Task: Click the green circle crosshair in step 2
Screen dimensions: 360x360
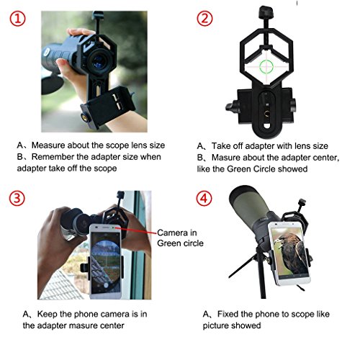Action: (x=264, y=66)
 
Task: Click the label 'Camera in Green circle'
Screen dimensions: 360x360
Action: (x=178, y=237)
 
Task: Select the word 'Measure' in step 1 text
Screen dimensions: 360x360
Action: (x=71, y=143)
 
